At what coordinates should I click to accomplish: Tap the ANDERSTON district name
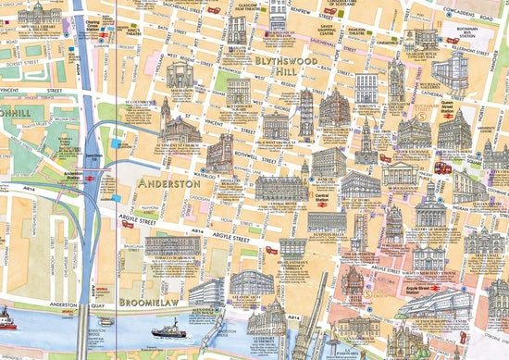click(168, 184)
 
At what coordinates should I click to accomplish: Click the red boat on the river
click(6, 322)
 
